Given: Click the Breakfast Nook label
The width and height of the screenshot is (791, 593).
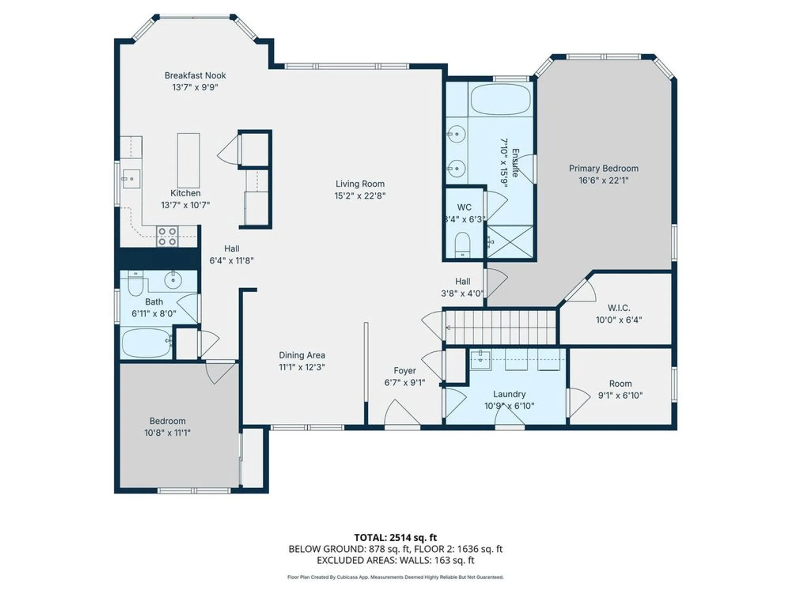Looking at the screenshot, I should (195, 75).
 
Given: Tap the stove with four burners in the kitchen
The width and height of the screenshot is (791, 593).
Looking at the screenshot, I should (167, 236).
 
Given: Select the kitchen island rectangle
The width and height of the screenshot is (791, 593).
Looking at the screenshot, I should (188, 160).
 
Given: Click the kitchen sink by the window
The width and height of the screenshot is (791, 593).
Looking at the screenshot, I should (131, 179).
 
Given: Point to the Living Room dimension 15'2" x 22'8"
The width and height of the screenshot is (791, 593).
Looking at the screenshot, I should (360, 196).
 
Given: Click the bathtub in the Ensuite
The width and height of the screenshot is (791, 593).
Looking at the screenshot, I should (501, 99).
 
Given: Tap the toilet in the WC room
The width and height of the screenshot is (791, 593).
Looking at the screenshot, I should (462, 244).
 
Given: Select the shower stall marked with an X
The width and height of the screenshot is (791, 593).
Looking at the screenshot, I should (510, 242).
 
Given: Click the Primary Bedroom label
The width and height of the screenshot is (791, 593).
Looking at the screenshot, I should (603, 168).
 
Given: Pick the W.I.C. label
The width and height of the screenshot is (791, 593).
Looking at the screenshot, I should (619, 308).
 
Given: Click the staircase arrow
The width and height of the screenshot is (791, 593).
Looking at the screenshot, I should (448, 327).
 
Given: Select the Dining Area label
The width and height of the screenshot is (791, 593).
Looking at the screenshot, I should (302, 355).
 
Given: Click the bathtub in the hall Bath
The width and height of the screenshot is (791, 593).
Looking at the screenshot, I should (146, 343).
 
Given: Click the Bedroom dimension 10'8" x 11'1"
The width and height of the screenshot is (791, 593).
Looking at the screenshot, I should (167, 433).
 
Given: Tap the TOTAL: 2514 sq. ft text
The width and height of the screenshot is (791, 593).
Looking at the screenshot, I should (395, 538).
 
